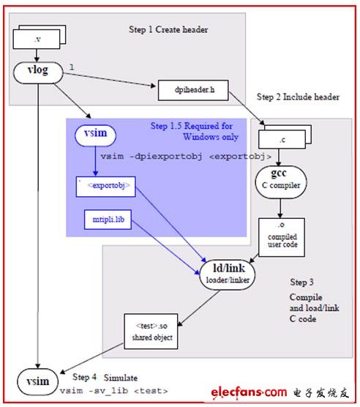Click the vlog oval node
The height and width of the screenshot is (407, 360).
click(x=38, y=72)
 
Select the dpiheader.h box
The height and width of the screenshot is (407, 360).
click(x=193, y=90)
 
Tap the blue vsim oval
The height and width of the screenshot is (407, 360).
click(x=95, y=135)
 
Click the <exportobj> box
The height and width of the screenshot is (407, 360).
click(x=105, y=187)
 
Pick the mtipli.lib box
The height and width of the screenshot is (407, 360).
click(x=108, y=220)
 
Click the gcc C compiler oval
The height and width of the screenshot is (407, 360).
click(x=281, y=182)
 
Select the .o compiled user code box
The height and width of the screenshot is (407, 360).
click(x=282, y=237)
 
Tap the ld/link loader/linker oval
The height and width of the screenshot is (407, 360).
click(x=228, y=275)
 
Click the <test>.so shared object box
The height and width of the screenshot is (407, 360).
click(x=151, y=332)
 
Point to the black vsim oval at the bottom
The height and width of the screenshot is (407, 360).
click(x=37, y=381)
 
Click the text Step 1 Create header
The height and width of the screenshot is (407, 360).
click(x=168, y=29)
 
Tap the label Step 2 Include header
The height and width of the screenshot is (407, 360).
click(x=298, y=97)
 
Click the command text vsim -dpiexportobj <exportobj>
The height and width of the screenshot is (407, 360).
click(x=186, y=157)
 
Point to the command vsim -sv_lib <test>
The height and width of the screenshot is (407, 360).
click(x=113, y=391)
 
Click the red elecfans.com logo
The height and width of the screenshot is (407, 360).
click(x=249, y=392)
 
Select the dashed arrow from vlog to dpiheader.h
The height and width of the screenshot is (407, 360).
click(x=109, y=80)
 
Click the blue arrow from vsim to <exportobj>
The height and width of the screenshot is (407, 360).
click(x=95, y=161)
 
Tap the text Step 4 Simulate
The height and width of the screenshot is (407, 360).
click(x=105, y=377)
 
